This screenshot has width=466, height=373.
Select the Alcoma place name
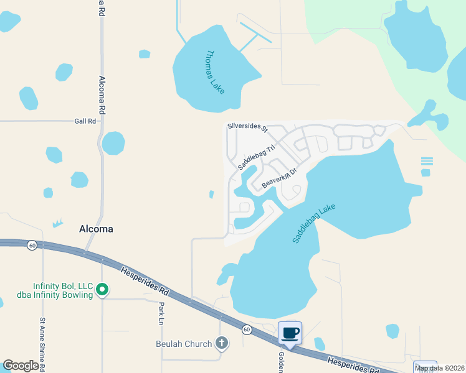97,229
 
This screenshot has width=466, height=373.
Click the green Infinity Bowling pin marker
103,290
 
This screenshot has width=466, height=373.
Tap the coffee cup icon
290,333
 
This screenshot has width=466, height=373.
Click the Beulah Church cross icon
221,343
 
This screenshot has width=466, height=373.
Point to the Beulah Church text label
183,344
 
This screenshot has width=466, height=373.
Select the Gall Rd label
85,121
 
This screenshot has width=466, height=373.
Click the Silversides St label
247,127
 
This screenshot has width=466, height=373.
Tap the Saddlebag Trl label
256,159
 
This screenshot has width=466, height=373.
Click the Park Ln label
161,314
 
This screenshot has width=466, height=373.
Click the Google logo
21,366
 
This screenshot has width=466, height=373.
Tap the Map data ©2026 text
439,368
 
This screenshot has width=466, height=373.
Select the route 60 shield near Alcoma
32,246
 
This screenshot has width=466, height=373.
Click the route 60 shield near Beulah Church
247,329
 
